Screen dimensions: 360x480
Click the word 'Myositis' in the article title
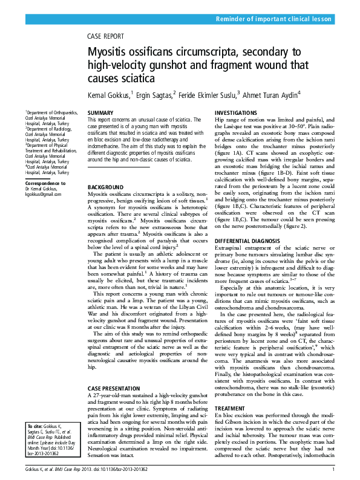tap(107, 53)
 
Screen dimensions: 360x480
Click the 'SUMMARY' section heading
tap(100, 113)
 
